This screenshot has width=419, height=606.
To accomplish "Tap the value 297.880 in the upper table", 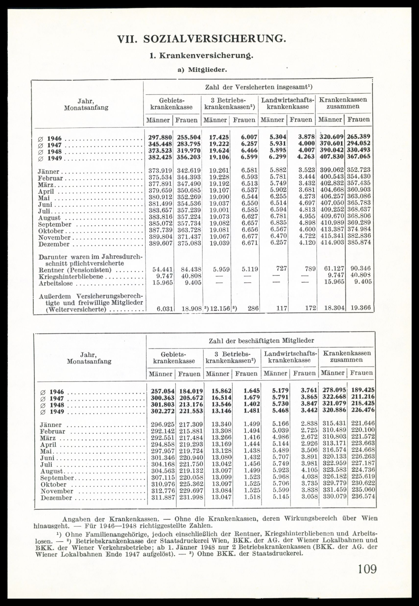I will [x=160, y=138].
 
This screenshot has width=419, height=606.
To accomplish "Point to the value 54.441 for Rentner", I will [x=163, y=269].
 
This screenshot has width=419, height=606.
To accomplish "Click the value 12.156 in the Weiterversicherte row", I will [x=220, y=308].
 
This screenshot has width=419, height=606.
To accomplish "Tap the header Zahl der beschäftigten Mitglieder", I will [x=261, y=341].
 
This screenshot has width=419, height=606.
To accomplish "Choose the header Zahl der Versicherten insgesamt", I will [x=259, y=87].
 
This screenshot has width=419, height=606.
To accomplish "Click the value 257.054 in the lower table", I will [x=163, y=391].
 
